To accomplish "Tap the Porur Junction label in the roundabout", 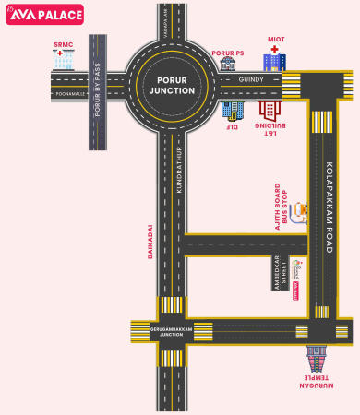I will click(172, 86).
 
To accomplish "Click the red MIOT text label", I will click(276, 40).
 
